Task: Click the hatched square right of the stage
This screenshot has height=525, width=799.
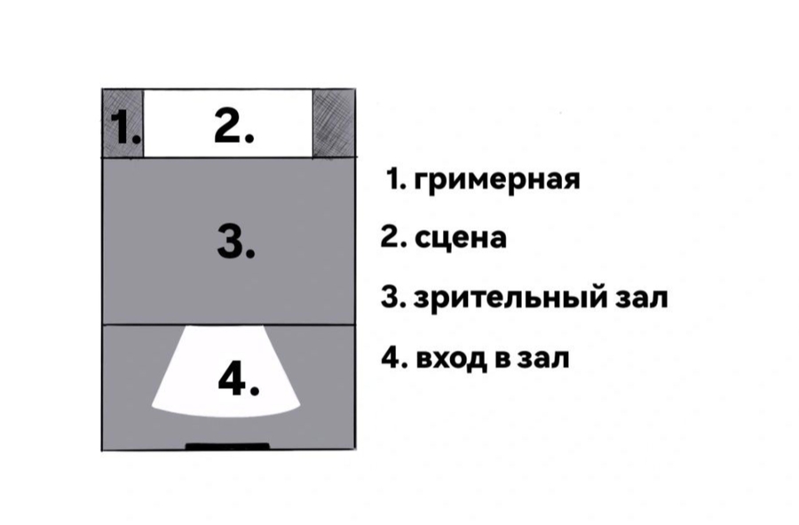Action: (334, 123)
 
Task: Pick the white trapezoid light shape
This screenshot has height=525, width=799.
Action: (226, 371)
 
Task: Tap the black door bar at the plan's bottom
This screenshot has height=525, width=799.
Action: (227, 447)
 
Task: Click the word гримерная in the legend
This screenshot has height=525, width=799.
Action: (497, 180)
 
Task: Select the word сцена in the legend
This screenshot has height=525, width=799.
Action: (461, 238)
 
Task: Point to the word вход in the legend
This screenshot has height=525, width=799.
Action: (450, 358)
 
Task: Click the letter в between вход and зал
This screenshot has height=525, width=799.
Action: (501, 359)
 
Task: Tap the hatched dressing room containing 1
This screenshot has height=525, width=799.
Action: (123, 123)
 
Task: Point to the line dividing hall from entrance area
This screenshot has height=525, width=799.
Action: (229, 324)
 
